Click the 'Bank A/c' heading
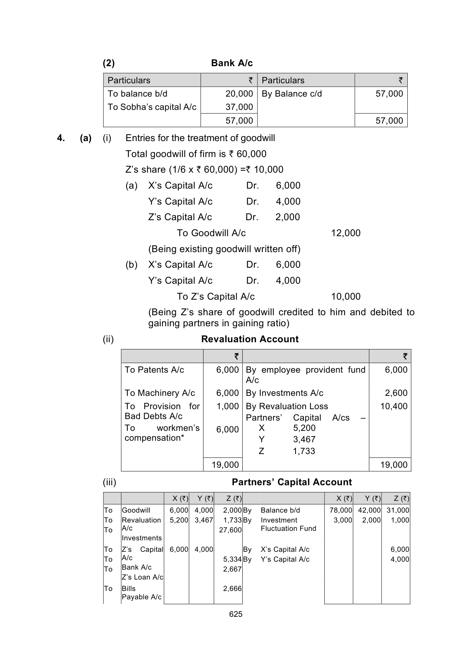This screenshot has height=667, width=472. [232, 63]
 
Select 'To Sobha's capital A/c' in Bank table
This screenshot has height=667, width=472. [152, 107]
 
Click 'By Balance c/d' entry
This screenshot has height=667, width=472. [292, 94]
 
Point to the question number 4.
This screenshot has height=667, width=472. [60, 138]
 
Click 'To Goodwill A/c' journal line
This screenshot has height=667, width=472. [211, 233]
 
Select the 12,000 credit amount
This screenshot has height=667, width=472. [346, 233]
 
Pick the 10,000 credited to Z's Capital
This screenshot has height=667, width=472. [346, 297]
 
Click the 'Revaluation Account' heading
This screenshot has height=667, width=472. [250, 339]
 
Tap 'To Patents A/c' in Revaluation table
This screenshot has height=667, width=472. [154, 370]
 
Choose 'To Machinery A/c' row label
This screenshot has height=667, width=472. [160, 393]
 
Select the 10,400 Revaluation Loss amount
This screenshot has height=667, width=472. [394, 407]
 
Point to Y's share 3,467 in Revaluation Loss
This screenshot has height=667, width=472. [304, 440]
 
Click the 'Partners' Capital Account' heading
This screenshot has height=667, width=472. [292, 482]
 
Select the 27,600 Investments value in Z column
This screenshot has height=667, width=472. [230, 530]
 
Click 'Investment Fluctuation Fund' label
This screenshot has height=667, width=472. [288, 524]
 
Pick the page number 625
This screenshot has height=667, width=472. [236, 614]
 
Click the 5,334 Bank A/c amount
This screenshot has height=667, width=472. [232, 559]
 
